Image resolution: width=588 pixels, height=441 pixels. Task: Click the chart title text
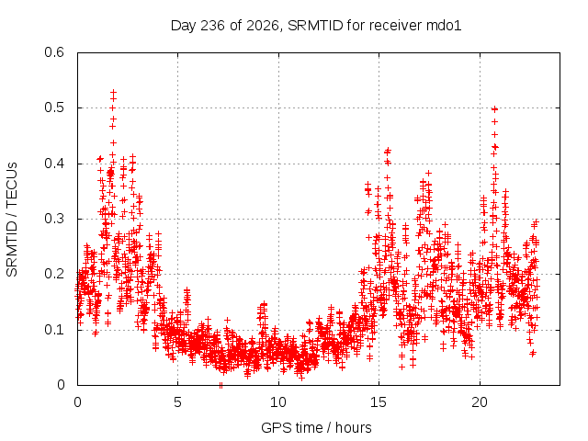point(316,26)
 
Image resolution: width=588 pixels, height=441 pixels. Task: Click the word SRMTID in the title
point(315,26)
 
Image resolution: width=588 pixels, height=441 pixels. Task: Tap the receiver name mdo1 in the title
point(444,26)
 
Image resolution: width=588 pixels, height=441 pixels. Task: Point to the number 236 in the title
point(212,26)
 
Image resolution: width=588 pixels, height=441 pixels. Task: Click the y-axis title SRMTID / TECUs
point(12,220)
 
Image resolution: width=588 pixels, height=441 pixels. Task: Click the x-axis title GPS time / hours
point(316,427)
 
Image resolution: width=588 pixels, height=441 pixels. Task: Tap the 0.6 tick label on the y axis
point(54,52)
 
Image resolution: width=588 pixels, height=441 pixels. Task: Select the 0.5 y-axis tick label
point(54,107)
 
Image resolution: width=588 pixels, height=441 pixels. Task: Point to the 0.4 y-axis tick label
point(54,164)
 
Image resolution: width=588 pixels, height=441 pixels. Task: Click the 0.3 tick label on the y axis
point(54,219)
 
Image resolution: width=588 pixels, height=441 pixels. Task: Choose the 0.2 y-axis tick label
point(54,274)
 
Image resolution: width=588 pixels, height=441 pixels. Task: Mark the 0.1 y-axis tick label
point(54,330)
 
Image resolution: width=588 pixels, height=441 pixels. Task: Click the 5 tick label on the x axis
point(177,402)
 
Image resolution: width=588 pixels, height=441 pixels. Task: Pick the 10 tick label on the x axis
point(278,402)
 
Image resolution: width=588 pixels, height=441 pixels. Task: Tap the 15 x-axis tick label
point(379,402)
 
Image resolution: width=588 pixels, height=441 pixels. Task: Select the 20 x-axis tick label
point(480,402)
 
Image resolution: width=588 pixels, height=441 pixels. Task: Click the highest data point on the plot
point(113,92)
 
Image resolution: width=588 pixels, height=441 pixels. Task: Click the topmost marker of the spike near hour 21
point(494,109)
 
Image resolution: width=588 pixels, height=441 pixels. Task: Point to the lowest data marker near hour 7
point(220,385)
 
